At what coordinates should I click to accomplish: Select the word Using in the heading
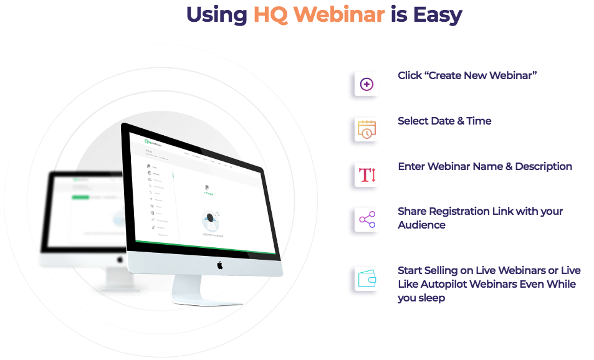point(216,14)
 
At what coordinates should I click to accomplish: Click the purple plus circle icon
point(366,84)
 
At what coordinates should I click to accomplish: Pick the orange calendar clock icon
point(366,130)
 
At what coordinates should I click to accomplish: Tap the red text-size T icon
point(366,175)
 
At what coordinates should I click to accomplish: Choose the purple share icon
point(366,219)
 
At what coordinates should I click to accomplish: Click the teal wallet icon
point(366,279)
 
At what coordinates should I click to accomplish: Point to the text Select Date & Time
point(444,121)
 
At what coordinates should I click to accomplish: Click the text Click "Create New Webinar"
point(467,75)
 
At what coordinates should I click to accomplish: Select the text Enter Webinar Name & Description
point(485,166)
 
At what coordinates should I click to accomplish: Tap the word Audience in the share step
point(421,225)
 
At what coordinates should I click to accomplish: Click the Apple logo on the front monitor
point(219,265)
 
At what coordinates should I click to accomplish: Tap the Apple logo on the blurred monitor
point(120,259)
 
